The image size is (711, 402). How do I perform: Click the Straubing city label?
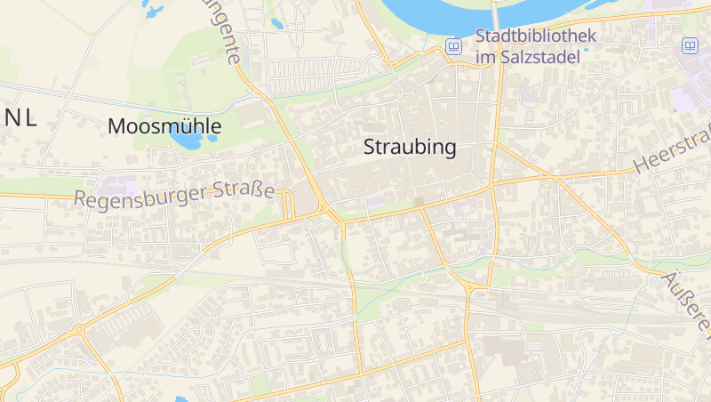410,148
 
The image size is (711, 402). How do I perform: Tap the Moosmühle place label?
164,126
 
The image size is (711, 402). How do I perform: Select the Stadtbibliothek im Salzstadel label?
528,46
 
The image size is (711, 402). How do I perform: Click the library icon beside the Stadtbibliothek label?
454,46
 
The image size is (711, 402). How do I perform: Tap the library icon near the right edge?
690,45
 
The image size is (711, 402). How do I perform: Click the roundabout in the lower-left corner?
79,329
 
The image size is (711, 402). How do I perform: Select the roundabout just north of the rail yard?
468,286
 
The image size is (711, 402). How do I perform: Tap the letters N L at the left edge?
20,119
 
